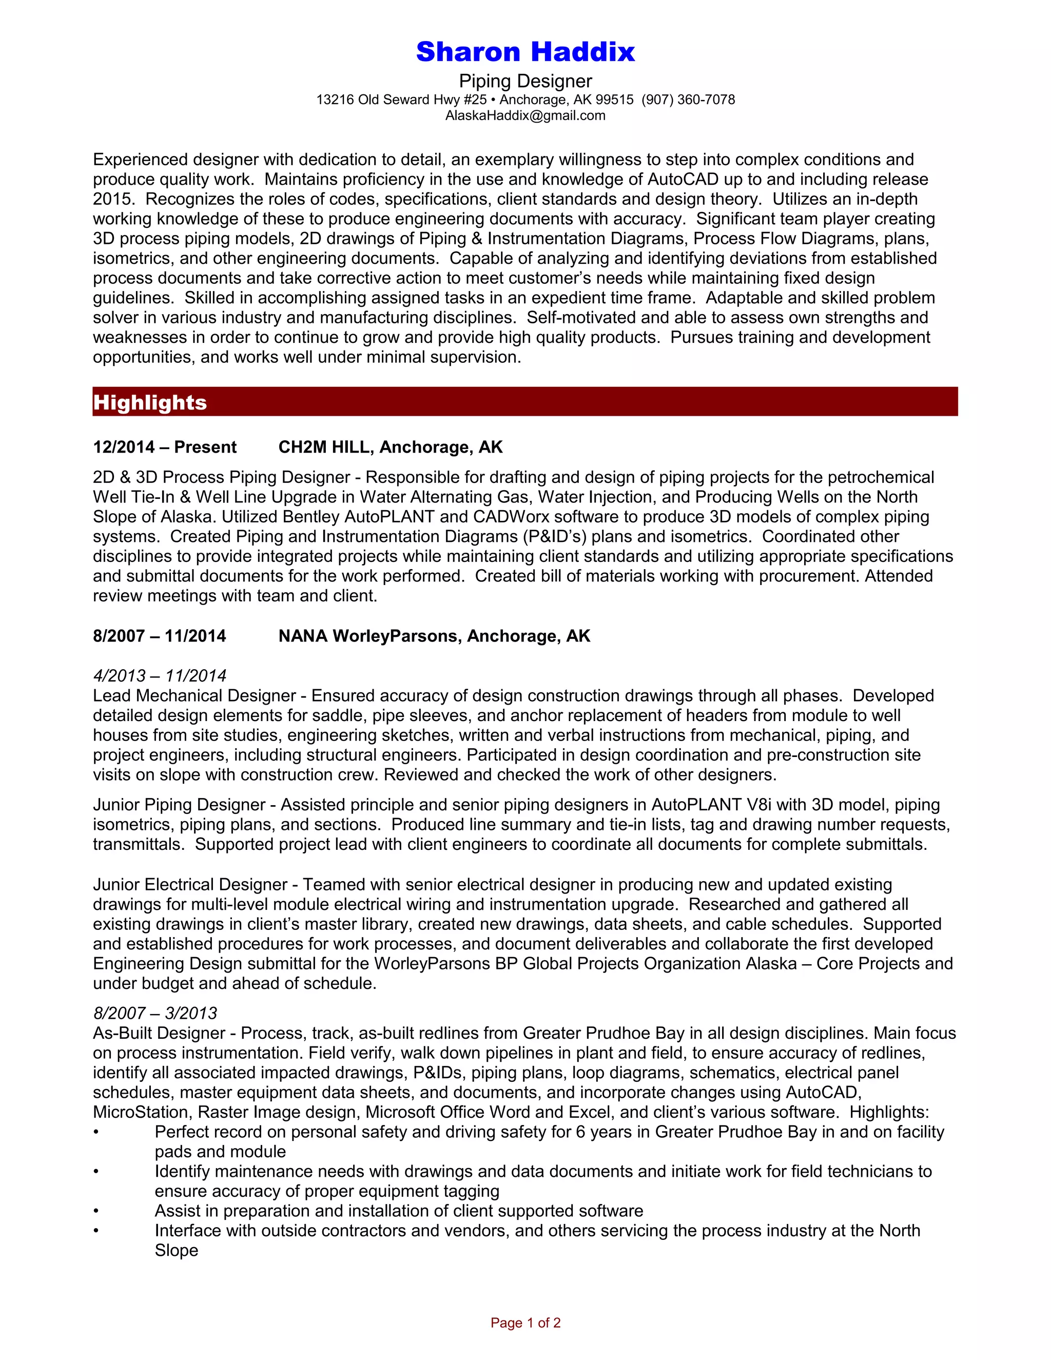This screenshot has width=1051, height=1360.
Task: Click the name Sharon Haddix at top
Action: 525,52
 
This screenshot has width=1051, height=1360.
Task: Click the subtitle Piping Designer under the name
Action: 525,81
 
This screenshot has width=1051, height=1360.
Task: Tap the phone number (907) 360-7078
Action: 688,100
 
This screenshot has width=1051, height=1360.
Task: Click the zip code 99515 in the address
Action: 614,100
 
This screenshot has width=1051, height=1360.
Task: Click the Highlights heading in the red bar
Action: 150,402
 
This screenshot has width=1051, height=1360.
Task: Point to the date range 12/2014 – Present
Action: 164,447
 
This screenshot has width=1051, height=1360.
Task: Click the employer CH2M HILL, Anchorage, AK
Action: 391,447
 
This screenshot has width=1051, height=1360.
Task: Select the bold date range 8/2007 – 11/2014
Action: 160,636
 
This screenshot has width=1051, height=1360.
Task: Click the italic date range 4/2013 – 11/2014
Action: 160,676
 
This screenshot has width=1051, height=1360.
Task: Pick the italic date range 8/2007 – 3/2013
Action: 155,1013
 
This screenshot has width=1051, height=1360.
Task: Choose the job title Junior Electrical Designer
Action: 190,884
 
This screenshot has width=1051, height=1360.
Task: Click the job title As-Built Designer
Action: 159,1033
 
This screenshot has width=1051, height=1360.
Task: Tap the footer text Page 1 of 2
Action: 525,1323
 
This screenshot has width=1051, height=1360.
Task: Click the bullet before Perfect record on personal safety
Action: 96,1132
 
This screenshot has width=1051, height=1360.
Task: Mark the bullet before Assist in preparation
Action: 96,1211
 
